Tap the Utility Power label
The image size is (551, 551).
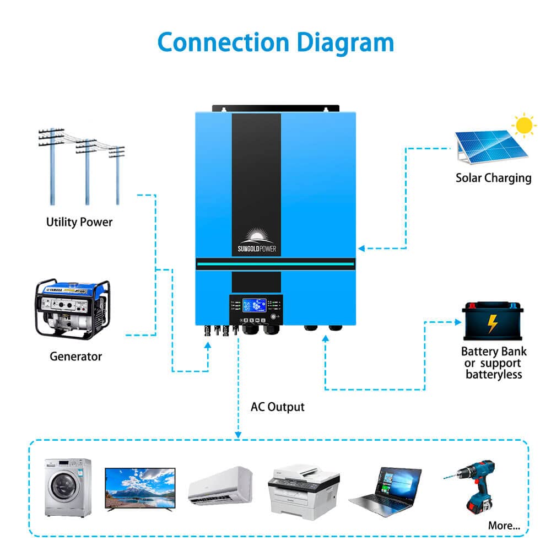click(79, 222)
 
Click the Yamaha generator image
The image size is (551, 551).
click(72, 308)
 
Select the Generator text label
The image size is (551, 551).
click(75, 356)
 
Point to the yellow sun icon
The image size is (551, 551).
click(524, 126)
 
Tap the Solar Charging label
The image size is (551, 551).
click(493, 177)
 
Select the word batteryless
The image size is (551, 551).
click(493, 375)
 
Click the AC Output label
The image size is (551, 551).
click(277, 407)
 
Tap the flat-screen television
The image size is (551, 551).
click(140, 489)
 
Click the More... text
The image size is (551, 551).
click(504, 526)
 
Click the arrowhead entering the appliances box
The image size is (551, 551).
click(238, 435)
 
